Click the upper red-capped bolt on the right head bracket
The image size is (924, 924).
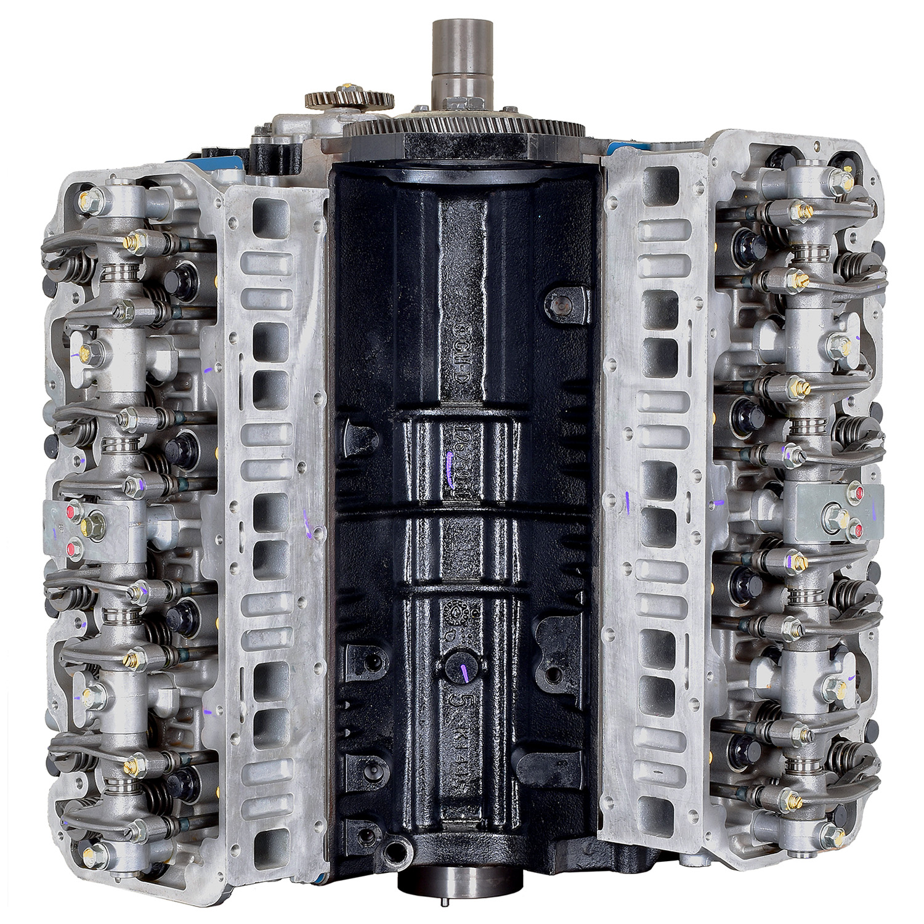854,491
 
